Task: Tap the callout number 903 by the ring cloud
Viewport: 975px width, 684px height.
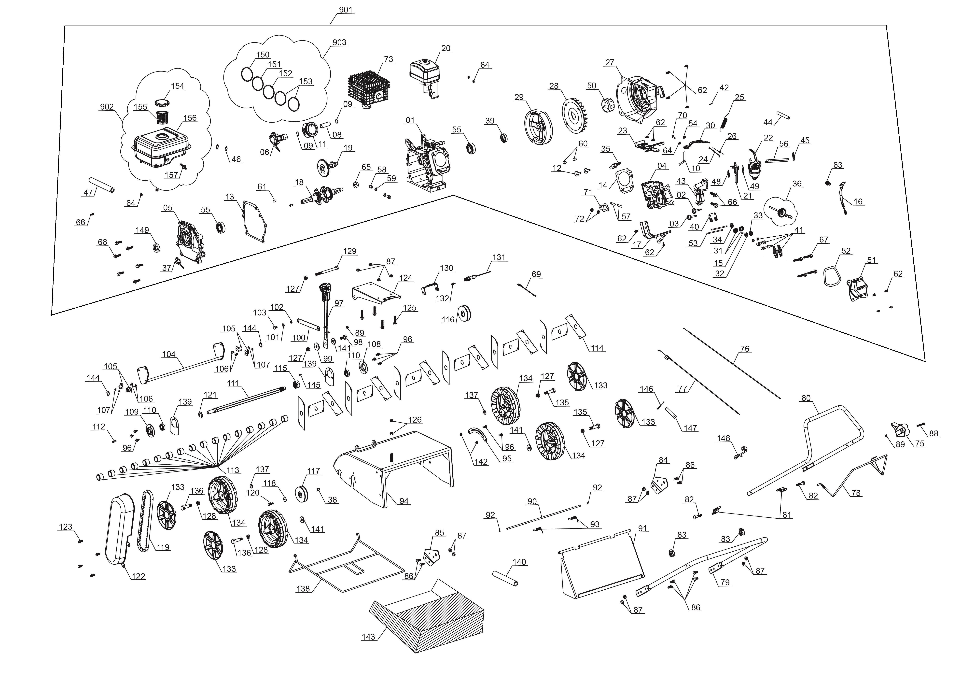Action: tap(339, 43)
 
